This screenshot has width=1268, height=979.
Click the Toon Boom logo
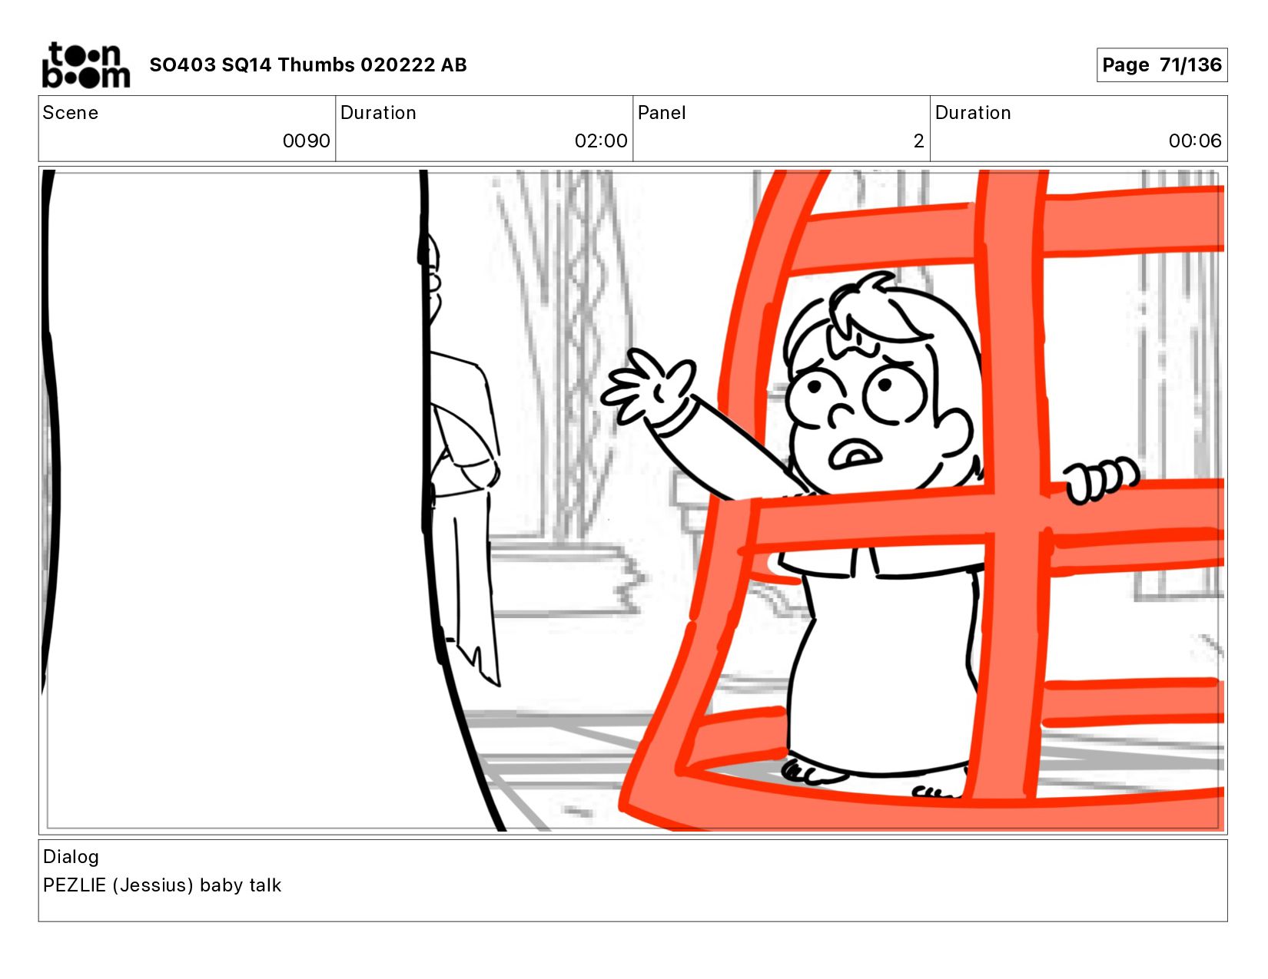point(86,64)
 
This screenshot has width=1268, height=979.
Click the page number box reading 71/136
point(1161,64)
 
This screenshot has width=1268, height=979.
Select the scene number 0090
point(307,141)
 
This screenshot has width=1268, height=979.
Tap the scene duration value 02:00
point(600,141)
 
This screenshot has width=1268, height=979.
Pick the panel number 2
point(918,141)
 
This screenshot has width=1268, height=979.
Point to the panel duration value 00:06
point(1194,141)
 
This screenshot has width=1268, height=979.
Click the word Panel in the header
point(661,113)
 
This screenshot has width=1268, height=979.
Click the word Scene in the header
point(71,113)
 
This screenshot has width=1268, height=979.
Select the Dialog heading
point(71,857)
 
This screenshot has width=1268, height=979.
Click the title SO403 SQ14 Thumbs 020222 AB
point(308,64)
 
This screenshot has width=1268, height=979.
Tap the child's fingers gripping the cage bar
point(1100,479)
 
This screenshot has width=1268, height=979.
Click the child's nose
point(841,415)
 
